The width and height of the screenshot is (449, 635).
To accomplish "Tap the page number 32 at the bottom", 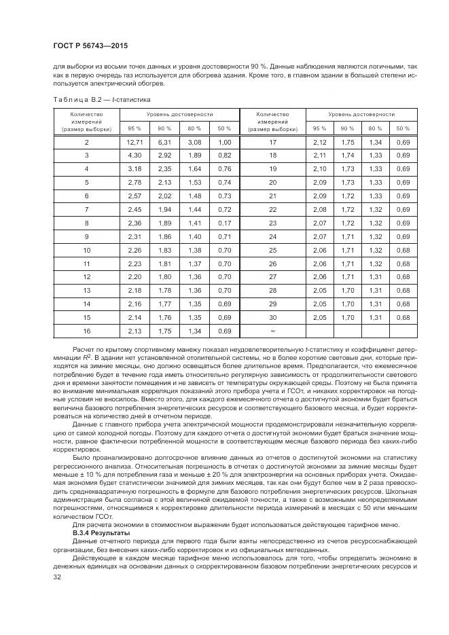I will point(57,576).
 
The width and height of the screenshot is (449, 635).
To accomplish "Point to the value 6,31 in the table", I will point(164,142).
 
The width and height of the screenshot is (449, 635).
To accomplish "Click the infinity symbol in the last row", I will point(272,331).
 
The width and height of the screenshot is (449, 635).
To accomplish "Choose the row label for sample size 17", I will point(272,142).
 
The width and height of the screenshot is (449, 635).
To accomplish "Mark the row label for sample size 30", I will point(272,317).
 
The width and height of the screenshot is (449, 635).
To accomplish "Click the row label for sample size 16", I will point(86,331).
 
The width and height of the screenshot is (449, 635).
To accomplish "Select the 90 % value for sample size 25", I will point(347,250).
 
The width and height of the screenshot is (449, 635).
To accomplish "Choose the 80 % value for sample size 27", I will point(375,277).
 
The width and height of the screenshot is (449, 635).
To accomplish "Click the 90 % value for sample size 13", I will point(164,290).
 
